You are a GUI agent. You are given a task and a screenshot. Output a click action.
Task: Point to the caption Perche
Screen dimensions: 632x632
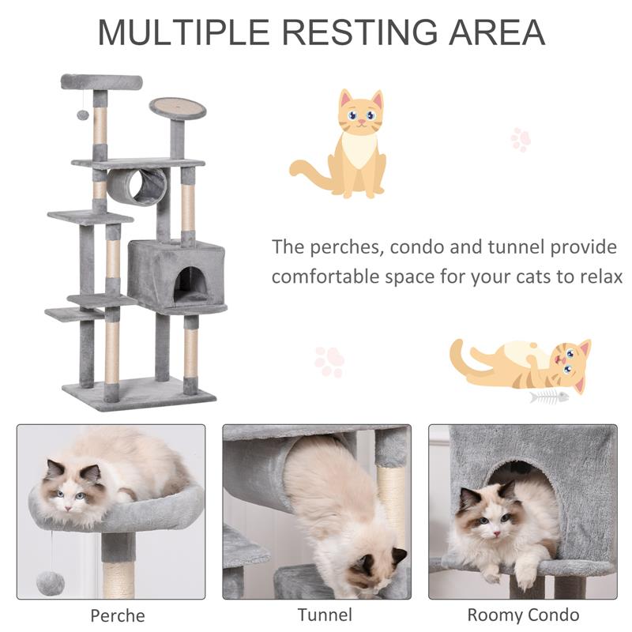(117, 615)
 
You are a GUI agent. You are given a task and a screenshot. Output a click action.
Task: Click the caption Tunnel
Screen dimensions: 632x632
(324, 614)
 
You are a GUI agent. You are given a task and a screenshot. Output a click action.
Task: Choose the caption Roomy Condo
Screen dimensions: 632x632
(522, 614)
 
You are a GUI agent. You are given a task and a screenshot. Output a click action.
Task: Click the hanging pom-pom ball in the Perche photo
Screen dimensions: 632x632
(51, 582)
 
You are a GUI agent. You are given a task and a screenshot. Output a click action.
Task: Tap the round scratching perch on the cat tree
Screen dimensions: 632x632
(178, 107)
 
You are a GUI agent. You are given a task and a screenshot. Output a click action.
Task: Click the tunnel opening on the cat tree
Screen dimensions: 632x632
(149, 187)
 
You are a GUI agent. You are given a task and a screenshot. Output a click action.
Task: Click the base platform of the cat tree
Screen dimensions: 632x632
(139, 393)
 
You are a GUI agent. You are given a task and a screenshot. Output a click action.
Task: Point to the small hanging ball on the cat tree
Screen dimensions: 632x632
(82, 115)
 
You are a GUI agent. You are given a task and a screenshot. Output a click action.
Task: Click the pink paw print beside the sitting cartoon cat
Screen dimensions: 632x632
(520, 140)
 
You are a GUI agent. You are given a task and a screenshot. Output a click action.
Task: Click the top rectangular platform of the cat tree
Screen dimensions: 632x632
(101, 81)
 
